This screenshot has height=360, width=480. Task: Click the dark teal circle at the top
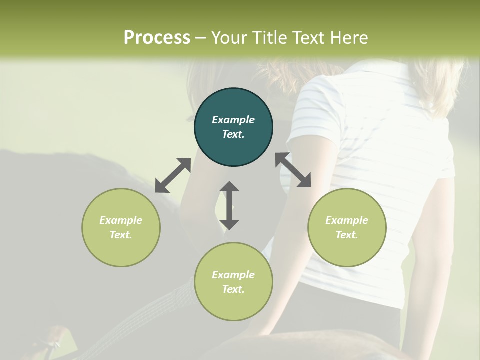coord(233,127)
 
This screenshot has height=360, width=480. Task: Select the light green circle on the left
coord(121,227)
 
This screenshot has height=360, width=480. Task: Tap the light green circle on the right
coord(347,227)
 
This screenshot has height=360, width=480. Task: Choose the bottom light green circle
coord(233,282)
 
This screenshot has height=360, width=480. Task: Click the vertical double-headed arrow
coord(229,205)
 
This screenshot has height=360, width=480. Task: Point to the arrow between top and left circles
coord(173,175)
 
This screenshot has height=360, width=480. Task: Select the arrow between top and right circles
coord(293,170)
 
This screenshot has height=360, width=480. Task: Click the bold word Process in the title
coord(157,37)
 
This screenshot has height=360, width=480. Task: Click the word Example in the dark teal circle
coord(233,120)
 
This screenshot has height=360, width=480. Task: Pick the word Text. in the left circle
coord(121,235)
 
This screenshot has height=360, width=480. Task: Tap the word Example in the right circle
coord(347,220)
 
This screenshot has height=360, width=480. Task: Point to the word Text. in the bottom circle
coord(233,289)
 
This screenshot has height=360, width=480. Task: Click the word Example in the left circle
coord(121,220)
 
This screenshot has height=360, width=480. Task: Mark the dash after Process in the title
coord(201,38)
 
